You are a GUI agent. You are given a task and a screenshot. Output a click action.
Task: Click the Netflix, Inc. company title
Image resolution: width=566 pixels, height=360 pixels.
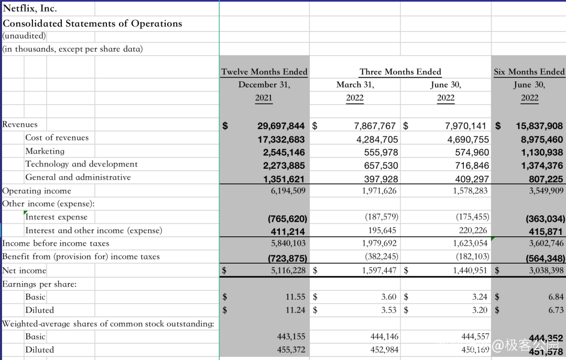(x=30, y=8)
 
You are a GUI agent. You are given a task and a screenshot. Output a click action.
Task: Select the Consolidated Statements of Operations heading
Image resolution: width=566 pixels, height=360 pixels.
(x=92, y=24)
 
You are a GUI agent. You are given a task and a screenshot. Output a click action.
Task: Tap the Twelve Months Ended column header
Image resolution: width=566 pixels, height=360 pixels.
(x=264, y=72)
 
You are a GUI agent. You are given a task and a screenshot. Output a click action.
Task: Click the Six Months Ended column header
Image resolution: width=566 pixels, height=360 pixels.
(x=529, y=72)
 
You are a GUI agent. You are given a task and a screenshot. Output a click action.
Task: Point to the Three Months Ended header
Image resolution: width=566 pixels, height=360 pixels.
(x=400, y=72)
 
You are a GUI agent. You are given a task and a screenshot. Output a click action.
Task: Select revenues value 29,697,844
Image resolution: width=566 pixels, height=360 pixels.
(x=281, y=126)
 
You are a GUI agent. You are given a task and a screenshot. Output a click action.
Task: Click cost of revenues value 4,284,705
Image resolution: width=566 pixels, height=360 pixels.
(x=376, y=139)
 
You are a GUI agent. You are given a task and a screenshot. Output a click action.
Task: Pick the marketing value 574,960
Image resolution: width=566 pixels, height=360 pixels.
(x=468, y=152)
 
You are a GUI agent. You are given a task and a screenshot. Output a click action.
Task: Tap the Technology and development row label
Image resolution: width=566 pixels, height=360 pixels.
(x=81, y=164)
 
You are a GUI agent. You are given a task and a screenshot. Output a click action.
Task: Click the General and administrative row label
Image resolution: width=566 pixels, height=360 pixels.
(x=78, y=177)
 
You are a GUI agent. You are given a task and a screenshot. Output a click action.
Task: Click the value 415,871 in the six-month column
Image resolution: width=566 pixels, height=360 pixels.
(x=546, y=231)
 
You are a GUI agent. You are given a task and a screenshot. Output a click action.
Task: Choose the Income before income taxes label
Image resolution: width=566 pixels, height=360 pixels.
(x=56, y=243)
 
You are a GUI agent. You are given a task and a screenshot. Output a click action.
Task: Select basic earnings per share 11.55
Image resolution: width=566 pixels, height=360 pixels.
(x=295, y=297)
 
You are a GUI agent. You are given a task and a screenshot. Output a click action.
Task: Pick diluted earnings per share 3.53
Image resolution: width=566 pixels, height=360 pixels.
(x=388, y=310)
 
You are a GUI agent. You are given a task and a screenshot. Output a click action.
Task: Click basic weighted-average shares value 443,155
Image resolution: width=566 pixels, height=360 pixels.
(x=292, y=336)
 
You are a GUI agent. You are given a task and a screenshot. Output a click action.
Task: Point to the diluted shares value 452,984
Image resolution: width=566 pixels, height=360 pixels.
(x=384, y=350)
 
